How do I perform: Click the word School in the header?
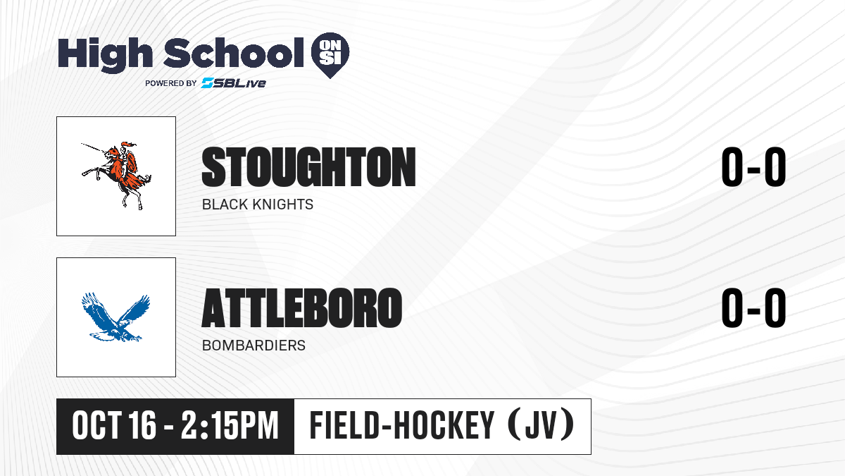234,53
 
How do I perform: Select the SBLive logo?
234,83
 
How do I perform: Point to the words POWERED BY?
171,83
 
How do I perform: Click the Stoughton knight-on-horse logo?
117,176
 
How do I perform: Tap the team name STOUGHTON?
308,167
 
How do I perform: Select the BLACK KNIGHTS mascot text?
258,205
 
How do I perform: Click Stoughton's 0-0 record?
753,166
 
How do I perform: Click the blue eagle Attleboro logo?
116,317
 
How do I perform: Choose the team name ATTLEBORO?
302,308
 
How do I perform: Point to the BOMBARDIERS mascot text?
254,346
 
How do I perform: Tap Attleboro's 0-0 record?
753,307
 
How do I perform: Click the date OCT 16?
114,425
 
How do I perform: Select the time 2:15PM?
230,425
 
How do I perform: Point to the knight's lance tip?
82,144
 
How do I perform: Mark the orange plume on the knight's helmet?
128,144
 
